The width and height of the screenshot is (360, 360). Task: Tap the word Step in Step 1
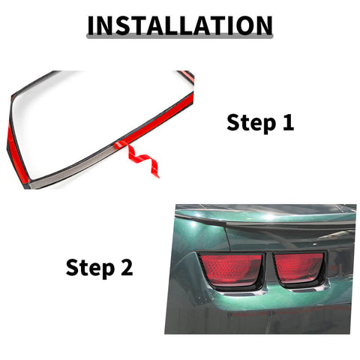[x=250, y=123]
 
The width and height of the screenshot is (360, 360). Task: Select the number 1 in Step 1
[x=287, y=123]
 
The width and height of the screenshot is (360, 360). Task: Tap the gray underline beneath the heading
[x=180, y=39]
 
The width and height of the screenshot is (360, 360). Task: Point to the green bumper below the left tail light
[x=225, y=307]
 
